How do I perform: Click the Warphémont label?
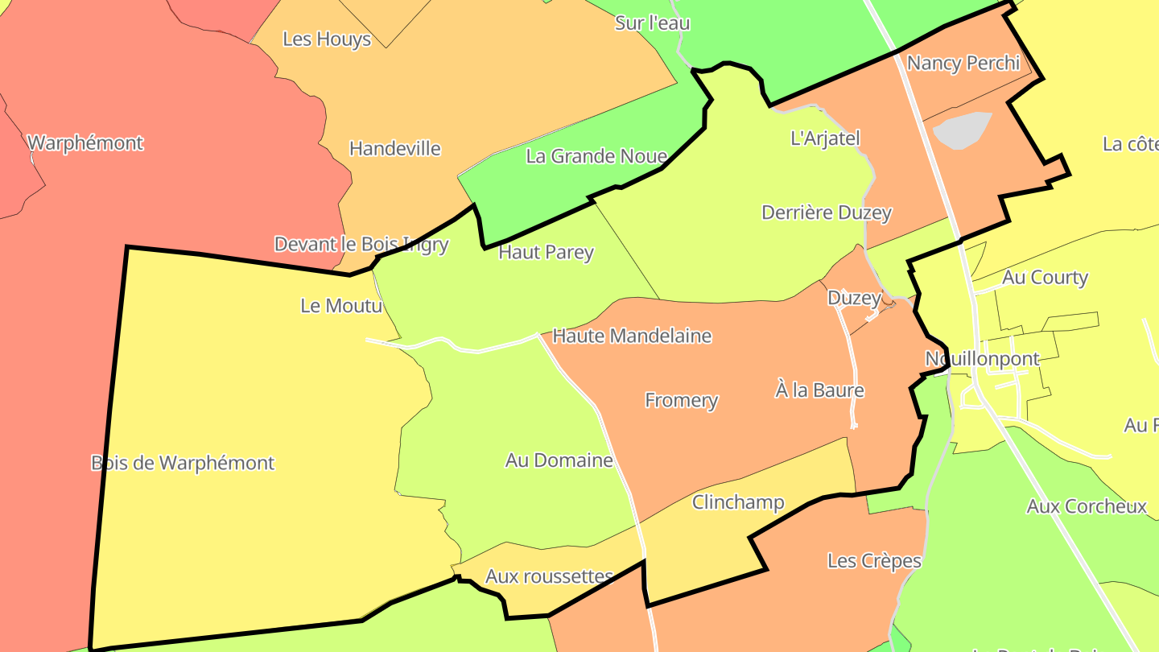point(85,143)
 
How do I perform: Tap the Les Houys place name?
point(327,39)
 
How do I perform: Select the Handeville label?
point(395,148)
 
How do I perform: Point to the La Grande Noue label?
point(596,156)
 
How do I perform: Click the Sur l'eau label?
point(652,23)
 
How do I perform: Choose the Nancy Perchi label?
point(963,63)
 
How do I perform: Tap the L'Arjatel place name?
point(826,138)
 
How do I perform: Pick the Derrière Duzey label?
point(827,213)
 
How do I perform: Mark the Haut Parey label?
point(547,252)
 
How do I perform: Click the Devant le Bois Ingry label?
point(361,244)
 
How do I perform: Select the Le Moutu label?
point(340,306)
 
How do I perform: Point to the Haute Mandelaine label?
point(633,336)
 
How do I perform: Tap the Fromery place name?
point(682,400)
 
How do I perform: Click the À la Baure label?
point(819,390)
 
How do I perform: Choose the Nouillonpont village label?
point(983,358)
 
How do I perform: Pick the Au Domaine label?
point(559,460)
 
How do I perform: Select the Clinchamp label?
point(738,502)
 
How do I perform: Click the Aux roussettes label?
point(550,576)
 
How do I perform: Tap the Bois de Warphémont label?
point(183,463)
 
